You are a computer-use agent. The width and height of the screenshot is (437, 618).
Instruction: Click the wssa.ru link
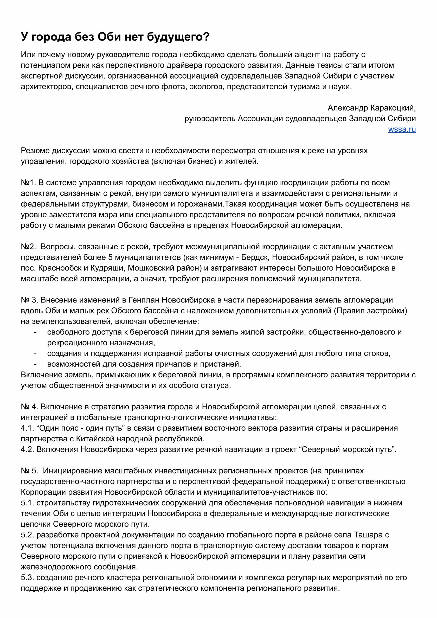402,130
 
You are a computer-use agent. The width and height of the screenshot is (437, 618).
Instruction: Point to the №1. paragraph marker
28,183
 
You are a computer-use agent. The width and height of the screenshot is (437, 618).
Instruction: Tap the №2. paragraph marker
28,247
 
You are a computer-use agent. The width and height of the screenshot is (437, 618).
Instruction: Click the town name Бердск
255,257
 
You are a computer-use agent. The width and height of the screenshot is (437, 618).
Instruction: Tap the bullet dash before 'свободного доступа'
35,332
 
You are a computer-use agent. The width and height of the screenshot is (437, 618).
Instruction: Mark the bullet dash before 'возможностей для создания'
35,364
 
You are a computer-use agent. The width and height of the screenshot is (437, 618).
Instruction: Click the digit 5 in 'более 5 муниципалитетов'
110,257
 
